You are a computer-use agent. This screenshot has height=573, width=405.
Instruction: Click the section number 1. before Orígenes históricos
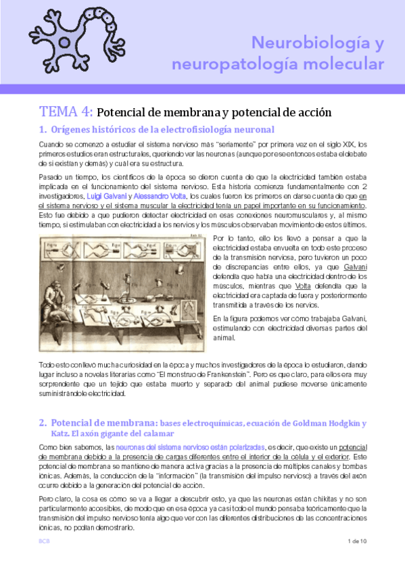43,129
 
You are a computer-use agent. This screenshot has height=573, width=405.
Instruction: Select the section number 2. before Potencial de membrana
43,424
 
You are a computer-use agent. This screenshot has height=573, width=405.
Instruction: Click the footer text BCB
44,541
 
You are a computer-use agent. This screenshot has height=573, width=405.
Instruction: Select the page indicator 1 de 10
356,541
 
